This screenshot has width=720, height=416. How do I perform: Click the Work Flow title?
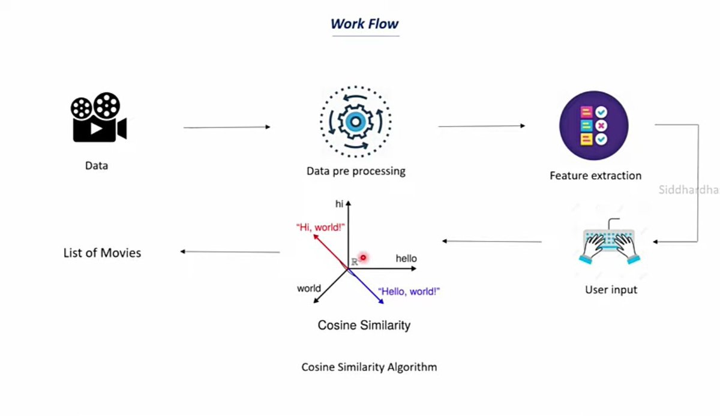[x=364, y=24]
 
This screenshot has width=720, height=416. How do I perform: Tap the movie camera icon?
[x=98, y=117]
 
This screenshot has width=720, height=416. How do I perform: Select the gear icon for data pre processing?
[x=355, y=122]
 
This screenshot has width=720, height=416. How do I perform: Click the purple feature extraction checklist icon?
[x=593, y=126]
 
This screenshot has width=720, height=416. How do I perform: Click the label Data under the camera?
[x=97, y=166]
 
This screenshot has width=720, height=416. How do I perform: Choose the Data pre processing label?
[x=356, y=171]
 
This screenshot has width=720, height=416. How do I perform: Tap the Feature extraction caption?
[x=595, y=176]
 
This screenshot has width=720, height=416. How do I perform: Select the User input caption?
[x=611, y=290]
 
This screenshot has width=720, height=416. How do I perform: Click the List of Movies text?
[x=102, y=253]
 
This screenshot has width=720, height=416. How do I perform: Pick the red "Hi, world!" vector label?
[x=320, y=227]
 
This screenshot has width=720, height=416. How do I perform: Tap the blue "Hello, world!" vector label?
[x=409, y=291]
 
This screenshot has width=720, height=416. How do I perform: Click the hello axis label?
[x=406, y=258]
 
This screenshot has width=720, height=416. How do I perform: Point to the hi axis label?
[x=339, y=204]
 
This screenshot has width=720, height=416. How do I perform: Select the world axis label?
[x=309, y=288]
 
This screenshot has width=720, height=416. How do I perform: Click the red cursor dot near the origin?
[x=363, y=257]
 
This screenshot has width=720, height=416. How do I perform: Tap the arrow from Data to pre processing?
[x=227, y=127]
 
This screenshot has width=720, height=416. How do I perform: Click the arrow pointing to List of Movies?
[x=230, y=252]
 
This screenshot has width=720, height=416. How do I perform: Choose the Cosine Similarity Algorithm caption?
[x=369, y=367]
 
